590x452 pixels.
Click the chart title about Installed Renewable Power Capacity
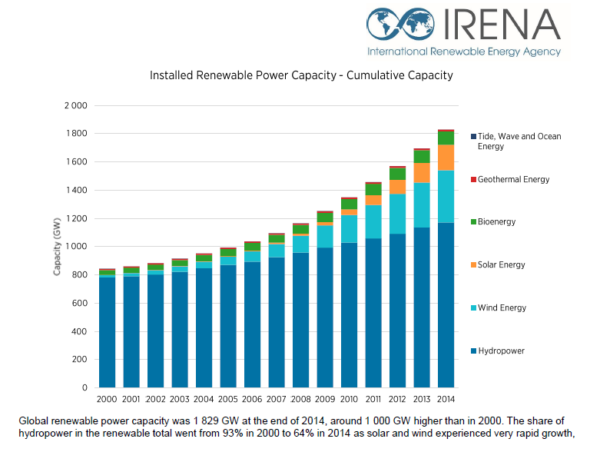pos(301,75)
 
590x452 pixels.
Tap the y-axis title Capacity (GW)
pos(57,247)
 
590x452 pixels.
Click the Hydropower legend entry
pos(501,351)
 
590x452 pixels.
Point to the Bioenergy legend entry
pos(496,221)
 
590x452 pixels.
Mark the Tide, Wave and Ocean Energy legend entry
pos(519,141)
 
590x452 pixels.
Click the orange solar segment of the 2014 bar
pos(446,158)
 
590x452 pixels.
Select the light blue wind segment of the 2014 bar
pos(446,197)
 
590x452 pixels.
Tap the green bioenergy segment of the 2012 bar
pos(397,174)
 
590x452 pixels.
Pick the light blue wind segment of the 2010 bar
pos(349,229)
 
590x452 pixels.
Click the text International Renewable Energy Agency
pos(464,52)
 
